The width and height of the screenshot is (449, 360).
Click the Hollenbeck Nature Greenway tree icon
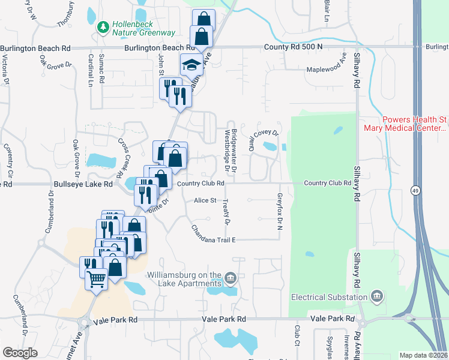pyautogui.click(x=103, y=26)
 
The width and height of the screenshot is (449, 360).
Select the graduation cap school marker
pyautogui.click(x=191, y=64)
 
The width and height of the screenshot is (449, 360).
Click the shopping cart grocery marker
pyautogui.click(x=96, y=278)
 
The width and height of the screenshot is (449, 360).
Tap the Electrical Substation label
pyautogui.click(x=329, y=297)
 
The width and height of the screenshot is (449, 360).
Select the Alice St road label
pyautogui.click(x=205, y=201)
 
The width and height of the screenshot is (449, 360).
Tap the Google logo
pyautogui.click(x=20, y=353)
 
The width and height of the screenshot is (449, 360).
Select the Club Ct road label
pyautogui.click(x=297, y=336)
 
